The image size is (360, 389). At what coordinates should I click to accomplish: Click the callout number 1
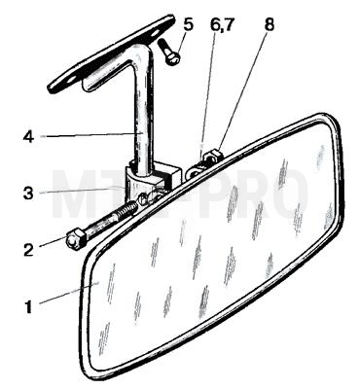point(29,306)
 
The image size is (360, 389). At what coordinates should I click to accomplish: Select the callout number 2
point(28,249)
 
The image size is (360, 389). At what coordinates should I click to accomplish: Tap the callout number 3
point(28,193)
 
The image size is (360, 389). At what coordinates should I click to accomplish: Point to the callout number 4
point(28,136)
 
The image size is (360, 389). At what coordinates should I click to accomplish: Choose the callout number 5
point(188,24)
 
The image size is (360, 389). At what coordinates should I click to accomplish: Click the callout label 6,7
point(222,24)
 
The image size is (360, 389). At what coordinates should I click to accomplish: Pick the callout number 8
point(269,24)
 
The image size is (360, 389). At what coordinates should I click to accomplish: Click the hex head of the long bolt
point(76,240)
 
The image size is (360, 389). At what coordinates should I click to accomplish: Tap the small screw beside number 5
point(169,52)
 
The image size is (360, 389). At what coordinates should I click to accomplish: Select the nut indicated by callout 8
point(212,156)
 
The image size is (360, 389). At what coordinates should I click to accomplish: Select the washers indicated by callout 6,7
point(195,170)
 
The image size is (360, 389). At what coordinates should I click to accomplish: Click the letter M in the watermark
point(76,194)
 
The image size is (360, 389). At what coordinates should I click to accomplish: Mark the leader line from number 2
point(54,242)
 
